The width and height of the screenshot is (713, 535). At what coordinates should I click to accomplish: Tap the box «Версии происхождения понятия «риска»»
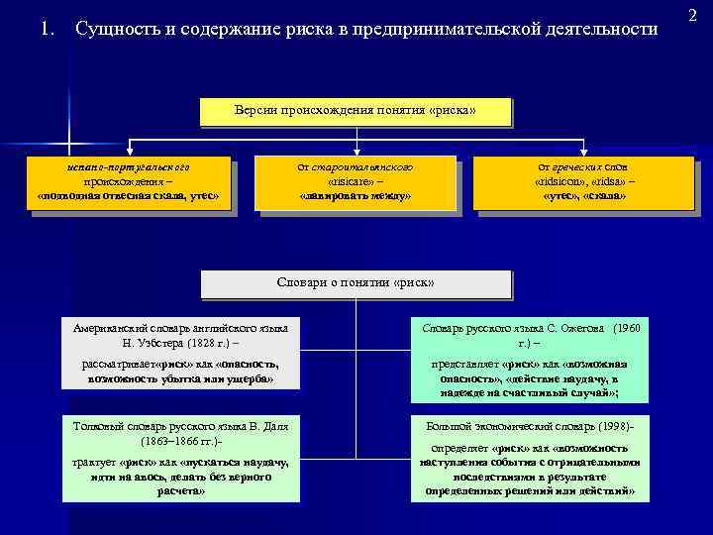(x=356, y=111)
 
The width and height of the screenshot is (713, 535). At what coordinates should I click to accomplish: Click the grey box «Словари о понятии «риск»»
(x=356, y=283)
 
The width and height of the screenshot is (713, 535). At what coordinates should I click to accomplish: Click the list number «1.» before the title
(x=46, y=28)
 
